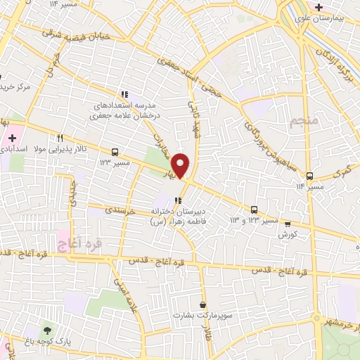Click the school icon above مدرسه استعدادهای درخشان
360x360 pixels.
click(124, 94)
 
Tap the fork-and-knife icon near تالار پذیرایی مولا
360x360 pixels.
click(60, 138)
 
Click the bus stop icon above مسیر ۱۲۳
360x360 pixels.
click(115, 151)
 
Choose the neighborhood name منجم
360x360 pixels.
click(304, 123)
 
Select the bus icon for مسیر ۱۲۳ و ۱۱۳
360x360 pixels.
click(254, 210)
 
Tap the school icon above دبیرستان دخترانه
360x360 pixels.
click(168, 200)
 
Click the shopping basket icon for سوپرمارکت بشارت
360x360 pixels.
click(203, 305)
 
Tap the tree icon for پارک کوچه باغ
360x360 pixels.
click(47, 330)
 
